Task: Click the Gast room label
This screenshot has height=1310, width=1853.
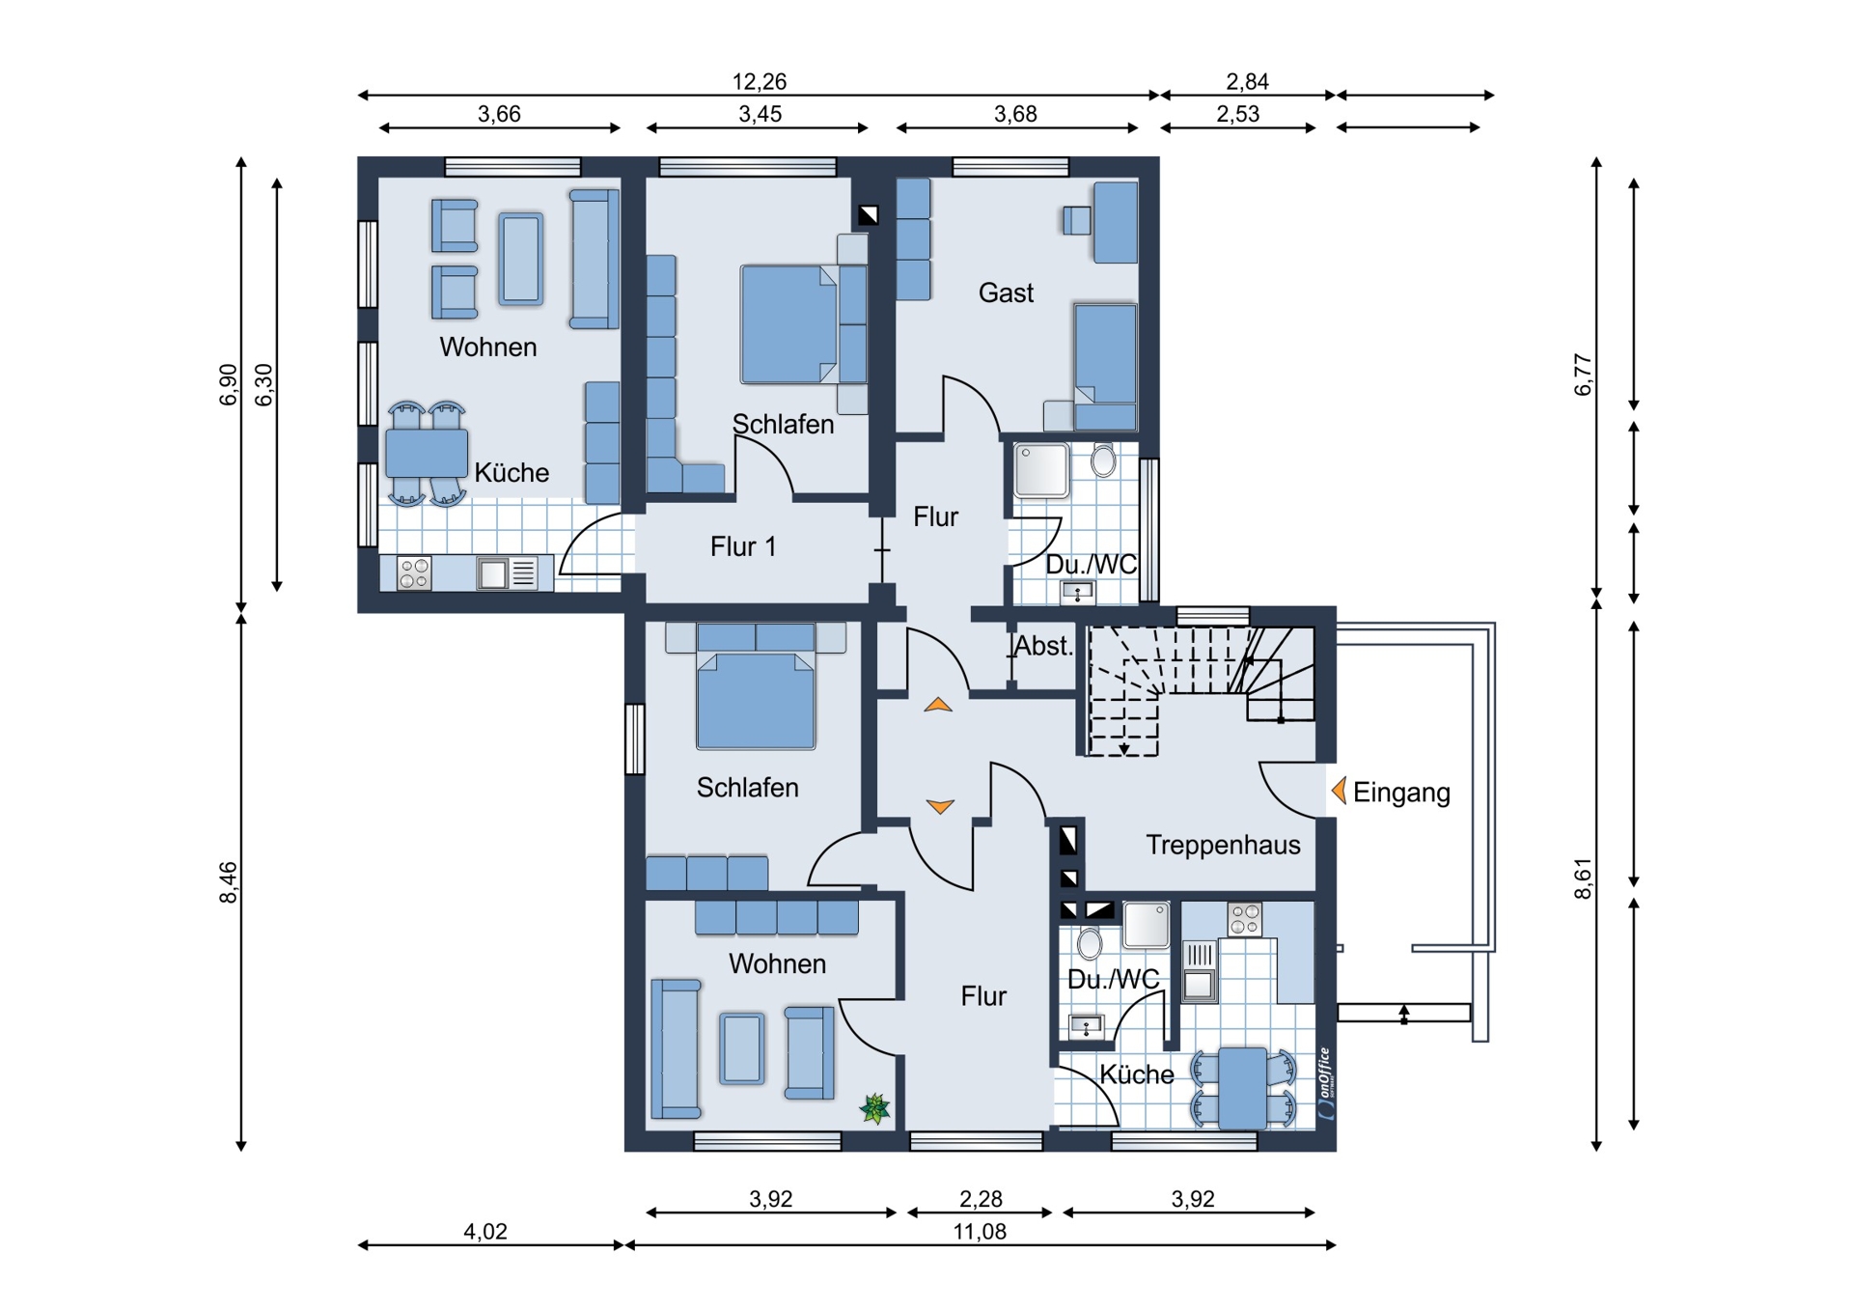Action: point(1006,293)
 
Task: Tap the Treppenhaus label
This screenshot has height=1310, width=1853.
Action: point(1223,845)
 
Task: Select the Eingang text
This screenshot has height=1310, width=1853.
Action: point(1401,793)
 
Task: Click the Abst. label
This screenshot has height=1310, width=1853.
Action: point(1043,646)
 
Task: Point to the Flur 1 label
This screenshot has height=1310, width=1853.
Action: point(743,546)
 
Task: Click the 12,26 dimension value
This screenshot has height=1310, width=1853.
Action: point(760,81)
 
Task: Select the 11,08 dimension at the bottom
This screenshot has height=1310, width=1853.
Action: point(980,1231)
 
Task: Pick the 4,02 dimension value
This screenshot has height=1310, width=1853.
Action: point(484,1231)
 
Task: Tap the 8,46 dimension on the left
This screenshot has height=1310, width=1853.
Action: point(228,882)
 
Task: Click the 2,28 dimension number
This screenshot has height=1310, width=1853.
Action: point(981,1199)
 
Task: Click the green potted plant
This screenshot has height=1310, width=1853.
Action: point(875,1108)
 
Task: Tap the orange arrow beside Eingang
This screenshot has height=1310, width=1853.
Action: point(1339,791)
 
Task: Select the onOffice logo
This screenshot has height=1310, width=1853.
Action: point(1326,1083)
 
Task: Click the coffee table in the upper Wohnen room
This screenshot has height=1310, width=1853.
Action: point(521,259)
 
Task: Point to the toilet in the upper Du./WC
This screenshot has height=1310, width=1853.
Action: point(1103,460)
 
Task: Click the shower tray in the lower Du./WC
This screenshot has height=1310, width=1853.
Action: point(1147,924)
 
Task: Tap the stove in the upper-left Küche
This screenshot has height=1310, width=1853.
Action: point(414,572)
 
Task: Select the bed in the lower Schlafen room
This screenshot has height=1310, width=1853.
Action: point(756,685)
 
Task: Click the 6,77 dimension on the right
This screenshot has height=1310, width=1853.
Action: point(1583,375)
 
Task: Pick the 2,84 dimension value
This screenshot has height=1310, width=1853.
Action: point(1247,81)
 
